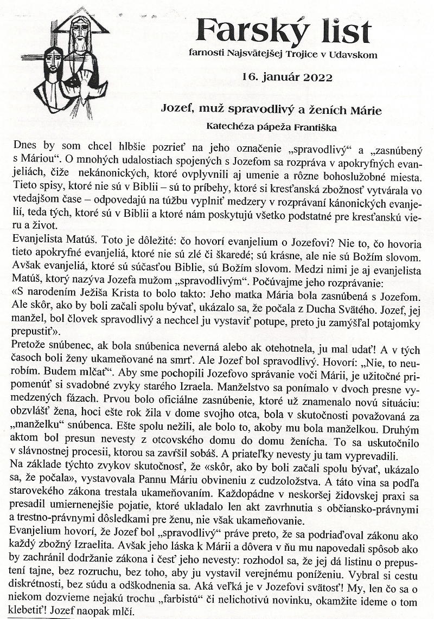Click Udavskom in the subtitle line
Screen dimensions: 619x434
pyautogui.click(x=353, y=54)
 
